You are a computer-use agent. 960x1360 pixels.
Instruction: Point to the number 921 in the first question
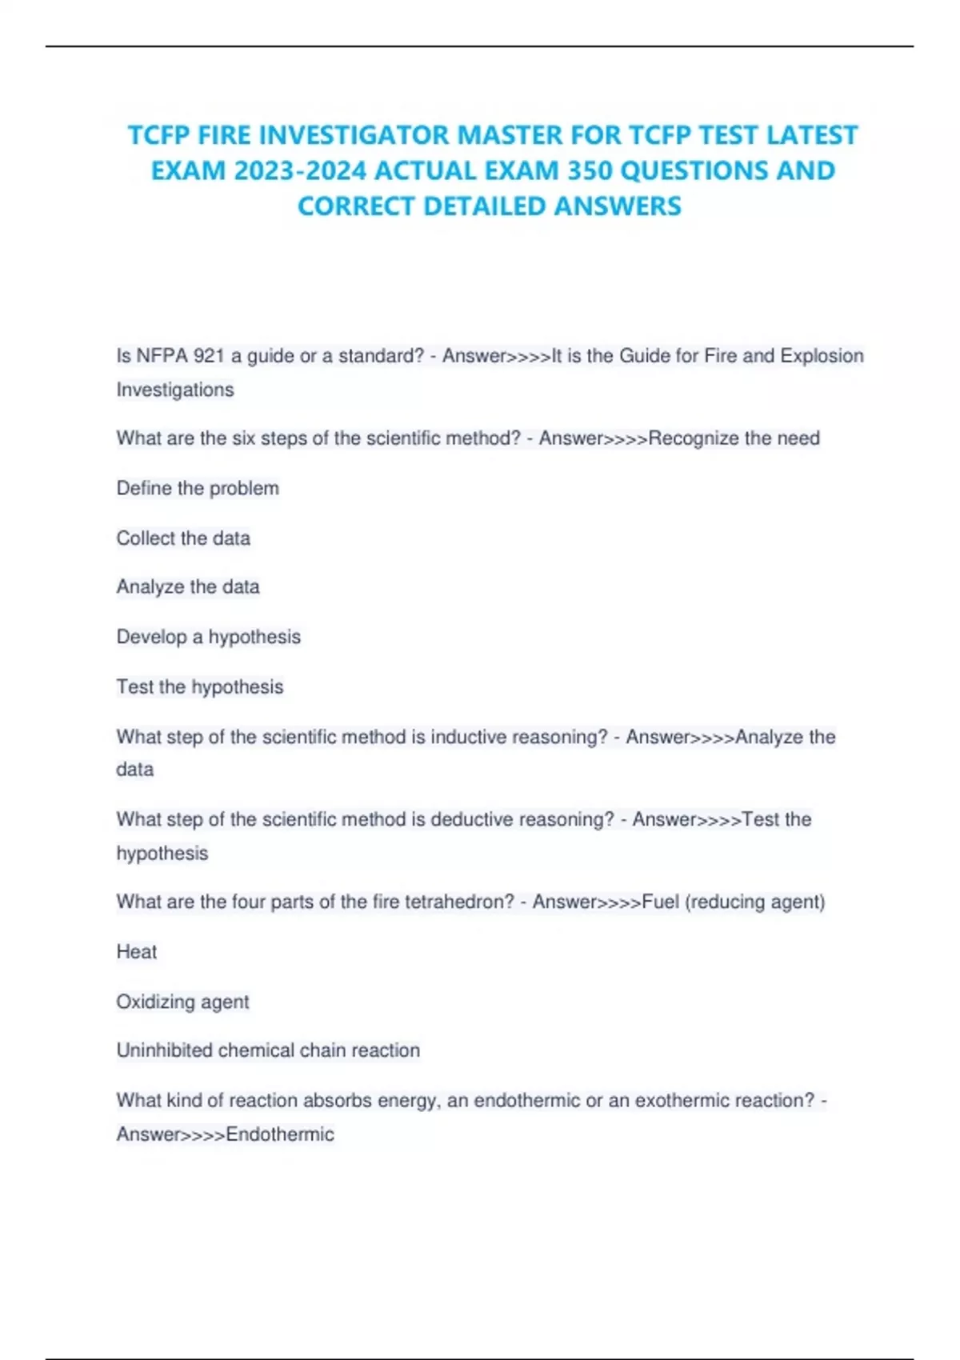[209, 356]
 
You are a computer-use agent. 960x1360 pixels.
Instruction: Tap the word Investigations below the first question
[175, 390]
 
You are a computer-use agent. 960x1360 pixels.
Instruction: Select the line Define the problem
[198, 488]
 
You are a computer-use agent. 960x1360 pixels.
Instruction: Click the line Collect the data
[183, 538]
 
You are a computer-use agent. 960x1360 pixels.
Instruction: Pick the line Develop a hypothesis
[209, 637]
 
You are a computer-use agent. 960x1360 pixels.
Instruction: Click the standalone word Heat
[137, 952]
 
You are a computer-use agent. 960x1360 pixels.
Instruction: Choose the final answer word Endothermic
[280, 1134]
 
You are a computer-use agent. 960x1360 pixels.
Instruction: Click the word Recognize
[694, 438]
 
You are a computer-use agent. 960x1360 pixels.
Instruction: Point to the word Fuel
[660, 902]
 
